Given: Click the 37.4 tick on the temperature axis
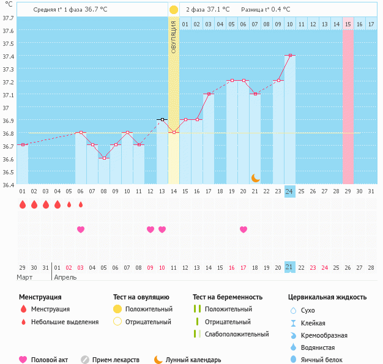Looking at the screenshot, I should pyautogui.click(x=7, y=56).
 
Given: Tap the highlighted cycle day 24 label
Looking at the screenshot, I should pyautogui.click(x=290, y=191).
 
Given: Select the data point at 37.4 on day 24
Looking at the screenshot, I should pyautogui.click(x=290, y=55).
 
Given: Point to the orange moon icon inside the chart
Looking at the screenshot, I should pyautogui.click(x=256, y=177).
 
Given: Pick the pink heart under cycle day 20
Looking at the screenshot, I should pyautogui.click(x=244, y=229).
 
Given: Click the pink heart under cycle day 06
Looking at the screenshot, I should pyautogui.click(x=80, y=229).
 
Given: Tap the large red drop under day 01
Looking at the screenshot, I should pyautogui.click(x=23, y=205).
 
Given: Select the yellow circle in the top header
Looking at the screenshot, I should pyautogui.click(x=174, y=10).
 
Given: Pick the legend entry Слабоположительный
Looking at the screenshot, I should pyautogui.click(x=237, y=334).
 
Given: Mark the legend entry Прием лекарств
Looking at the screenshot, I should pyautogui.click(x=116, y=360).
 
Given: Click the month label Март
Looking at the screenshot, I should pyautogui.click(x=24, y=277).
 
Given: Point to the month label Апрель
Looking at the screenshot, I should pyautogui.click(x=66, y=277).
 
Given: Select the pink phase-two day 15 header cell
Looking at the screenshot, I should pyautogui.click(x=348, y=24).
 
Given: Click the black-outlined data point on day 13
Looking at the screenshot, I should pyautogui.click(x=162, y=119).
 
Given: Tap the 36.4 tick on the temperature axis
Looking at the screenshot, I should pyautogui.click(x=7, y=184).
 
